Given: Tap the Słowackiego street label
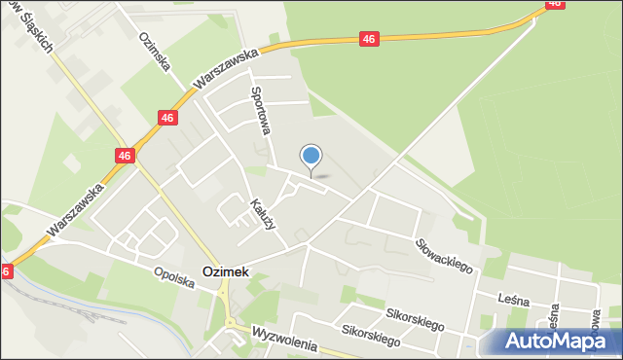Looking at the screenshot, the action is click(443, 255).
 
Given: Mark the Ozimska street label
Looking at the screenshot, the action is click(155, 50).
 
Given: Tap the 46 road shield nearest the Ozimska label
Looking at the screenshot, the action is click(167, 118).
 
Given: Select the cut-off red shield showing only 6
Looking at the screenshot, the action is click(6, 272).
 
